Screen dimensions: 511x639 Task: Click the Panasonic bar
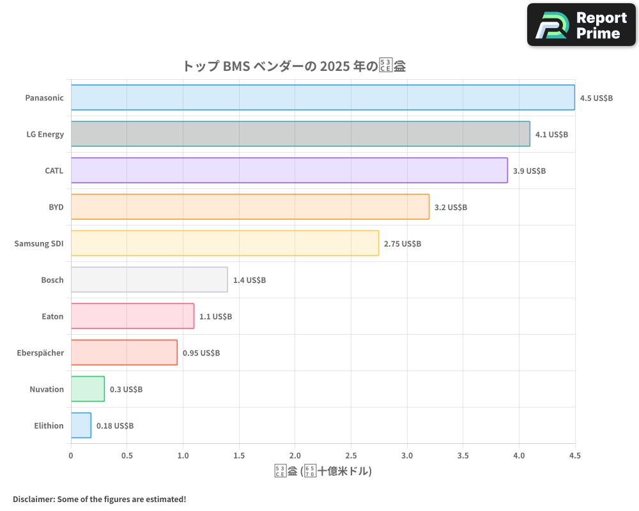[323, 98]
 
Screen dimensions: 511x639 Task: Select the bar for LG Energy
[300, 134]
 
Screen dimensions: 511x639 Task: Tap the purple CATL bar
[289, 171]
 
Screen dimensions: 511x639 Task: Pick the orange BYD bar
[250, 207]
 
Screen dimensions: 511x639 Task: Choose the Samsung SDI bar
[224, 243]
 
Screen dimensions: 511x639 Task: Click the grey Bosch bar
[149, 280]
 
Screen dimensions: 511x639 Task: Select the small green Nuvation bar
[88, 389]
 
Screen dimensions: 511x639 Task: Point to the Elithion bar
[81, 425]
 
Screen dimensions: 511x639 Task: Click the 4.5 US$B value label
[596, 98]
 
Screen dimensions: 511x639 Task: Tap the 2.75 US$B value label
[403, 244]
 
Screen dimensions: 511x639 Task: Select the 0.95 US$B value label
[201, 353]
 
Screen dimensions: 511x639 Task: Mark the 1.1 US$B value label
[215, 317]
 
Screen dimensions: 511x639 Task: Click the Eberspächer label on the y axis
[40, 353]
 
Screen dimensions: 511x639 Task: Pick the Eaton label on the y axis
[52, 316]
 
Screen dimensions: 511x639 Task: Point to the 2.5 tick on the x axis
[351, 456]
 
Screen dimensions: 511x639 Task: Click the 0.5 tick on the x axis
[127, 456]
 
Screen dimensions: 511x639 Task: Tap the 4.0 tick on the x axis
[519, 456]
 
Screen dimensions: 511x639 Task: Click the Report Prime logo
[581, 25]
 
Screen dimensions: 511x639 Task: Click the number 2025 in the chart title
[335, 66]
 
